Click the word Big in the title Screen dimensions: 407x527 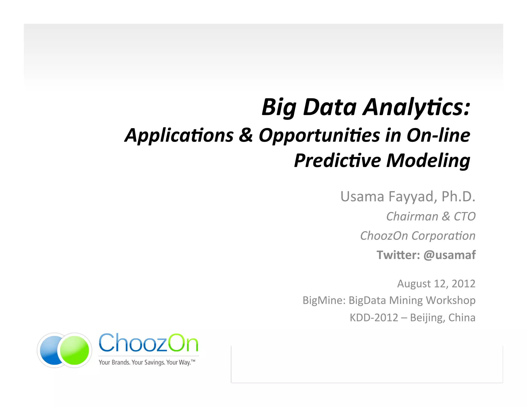coord(279,108)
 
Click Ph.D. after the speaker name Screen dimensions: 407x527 coord(458,197)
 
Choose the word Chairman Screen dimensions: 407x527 coord(412,216)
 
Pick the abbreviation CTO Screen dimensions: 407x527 coord(464,216)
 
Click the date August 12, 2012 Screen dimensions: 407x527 coord(436,284)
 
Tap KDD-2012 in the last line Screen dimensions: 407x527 coord(374,318)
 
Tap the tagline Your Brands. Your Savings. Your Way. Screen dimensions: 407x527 coord(147,362)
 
